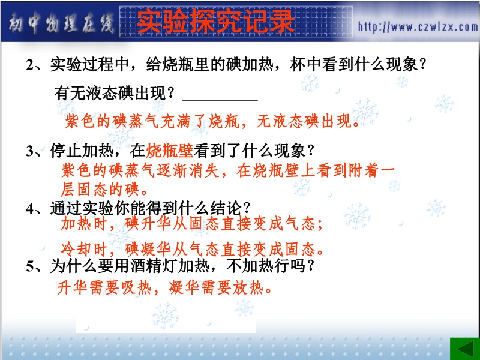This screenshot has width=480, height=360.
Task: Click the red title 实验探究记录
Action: pos(216,21)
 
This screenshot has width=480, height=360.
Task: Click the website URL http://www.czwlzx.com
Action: pos(418,27)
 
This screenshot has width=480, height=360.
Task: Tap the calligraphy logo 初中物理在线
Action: pos(61,24)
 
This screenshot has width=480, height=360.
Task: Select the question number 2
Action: pos(30,65)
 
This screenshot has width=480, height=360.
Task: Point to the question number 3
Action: pos(30,151)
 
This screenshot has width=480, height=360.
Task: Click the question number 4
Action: pos(30,209)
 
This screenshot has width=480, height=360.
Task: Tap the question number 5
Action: pos(30,266)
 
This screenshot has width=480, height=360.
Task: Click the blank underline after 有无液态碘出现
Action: pos(220,100)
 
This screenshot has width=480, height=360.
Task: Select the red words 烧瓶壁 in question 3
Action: pos(169,151)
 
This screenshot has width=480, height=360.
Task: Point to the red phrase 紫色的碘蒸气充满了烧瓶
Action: pos(152,121)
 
